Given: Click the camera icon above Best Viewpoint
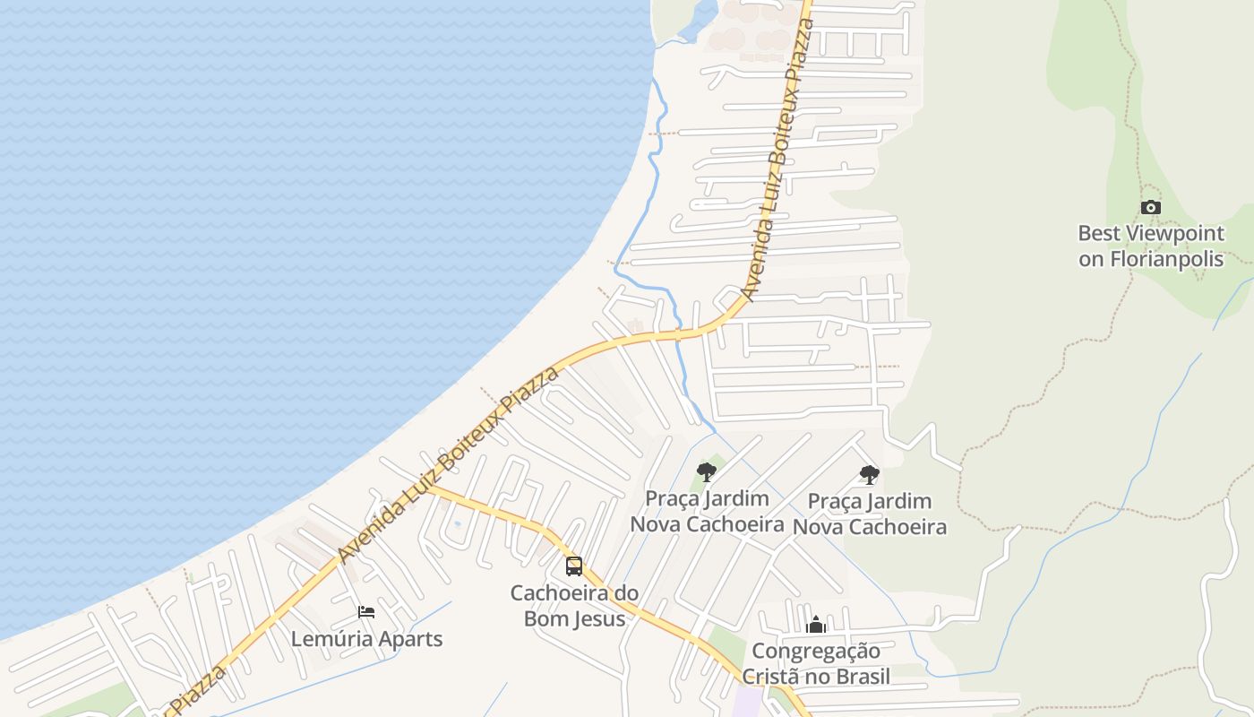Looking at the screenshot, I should click(x=1151, y=207).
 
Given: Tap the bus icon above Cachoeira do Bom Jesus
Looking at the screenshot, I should click(x=574, y=566).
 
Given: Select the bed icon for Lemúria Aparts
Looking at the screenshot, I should click(x=366, y=612).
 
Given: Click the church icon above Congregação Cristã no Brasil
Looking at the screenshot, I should click(x=816, y=625).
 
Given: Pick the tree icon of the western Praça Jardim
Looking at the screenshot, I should click(x=707, y=471).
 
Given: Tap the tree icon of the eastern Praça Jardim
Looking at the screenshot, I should click(x=869, y=474).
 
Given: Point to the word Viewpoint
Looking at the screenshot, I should click(x=1175, y=233).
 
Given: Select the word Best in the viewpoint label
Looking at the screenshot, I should click(x=1098, y=233).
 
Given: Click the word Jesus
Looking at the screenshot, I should click(x=597, y=618).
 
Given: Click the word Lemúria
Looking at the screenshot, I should click(x=324, y=639).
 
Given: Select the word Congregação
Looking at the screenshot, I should click(x=816, y=651).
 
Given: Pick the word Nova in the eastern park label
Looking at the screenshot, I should click(x=819, y=526).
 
